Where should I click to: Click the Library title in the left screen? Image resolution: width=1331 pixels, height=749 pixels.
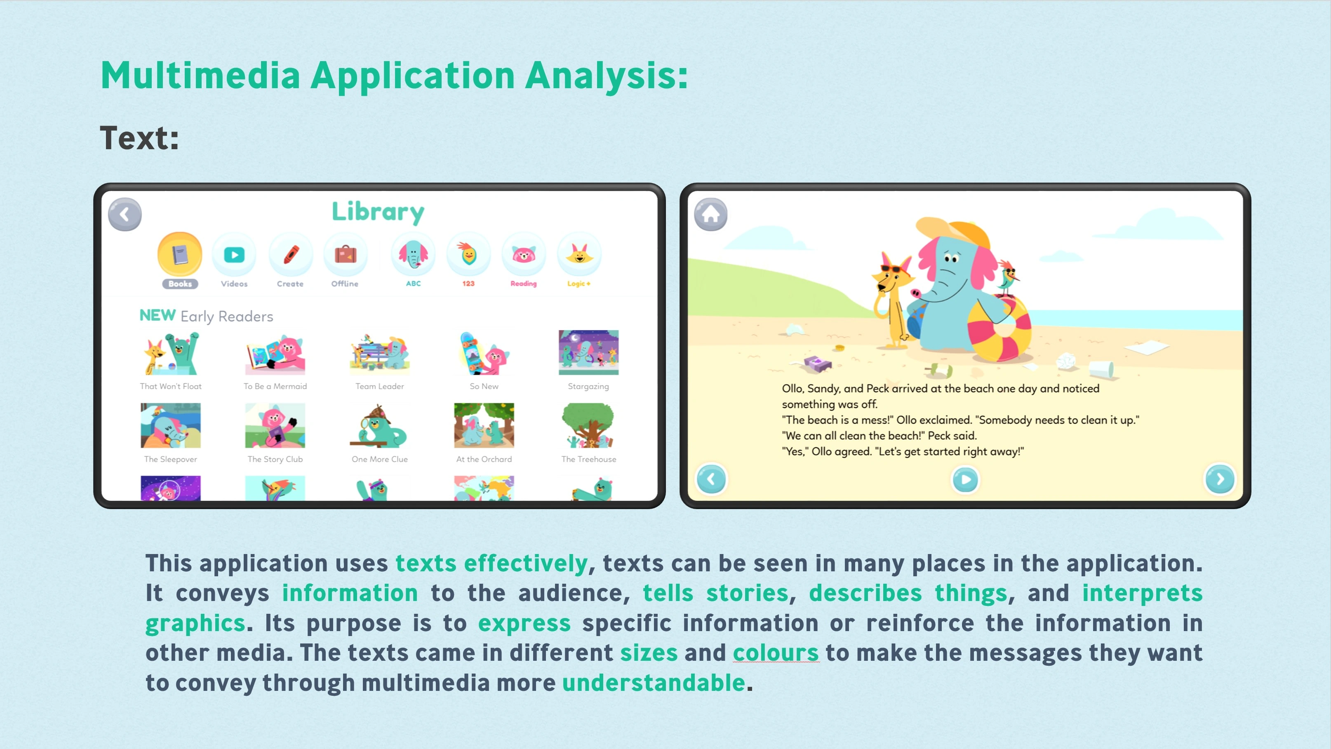(378, 212)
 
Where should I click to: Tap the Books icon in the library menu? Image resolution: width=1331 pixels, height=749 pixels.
(180, 254)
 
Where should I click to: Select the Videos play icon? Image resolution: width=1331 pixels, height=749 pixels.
(234, 255)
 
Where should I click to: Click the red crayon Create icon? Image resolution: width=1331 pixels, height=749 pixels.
(290, 255)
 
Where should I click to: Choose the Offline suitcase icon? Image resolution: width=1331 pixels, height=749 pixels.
(345, 255)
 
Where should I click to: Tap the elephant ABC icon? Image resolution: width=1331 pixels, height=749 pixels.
(413, 255)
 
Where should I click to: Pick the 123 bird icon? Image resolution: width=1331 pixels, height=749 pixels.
(468, 255)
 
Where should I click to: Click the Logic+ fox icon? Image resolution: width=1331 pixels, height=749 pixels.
(578, 255)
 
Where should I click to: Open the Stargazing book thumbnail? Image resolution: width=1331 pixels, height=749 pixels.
(588, 352)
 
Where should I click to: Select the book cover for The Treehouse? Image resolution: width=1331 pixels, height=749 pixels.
(588, 425)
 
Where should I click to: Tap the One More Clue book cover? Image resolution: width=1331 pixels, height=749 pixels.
(379, 425)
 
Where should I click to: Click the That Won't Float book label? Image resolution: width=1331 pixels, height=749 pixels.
(171, 386)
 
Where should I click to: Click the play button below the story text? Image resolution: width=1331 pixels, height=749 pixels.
(965, 480)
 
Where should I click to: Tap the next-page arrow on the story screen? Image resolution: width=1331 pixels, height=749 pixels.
(1220, 479)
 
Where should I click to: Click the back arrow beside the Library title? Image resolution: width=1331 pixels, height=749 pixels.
(125, 214)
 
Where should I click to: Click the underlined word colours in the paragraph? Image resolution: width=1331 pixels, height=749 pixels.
(776, 653)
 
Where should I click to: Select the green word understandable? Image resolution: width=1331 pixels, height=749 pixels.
(653, 683)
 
